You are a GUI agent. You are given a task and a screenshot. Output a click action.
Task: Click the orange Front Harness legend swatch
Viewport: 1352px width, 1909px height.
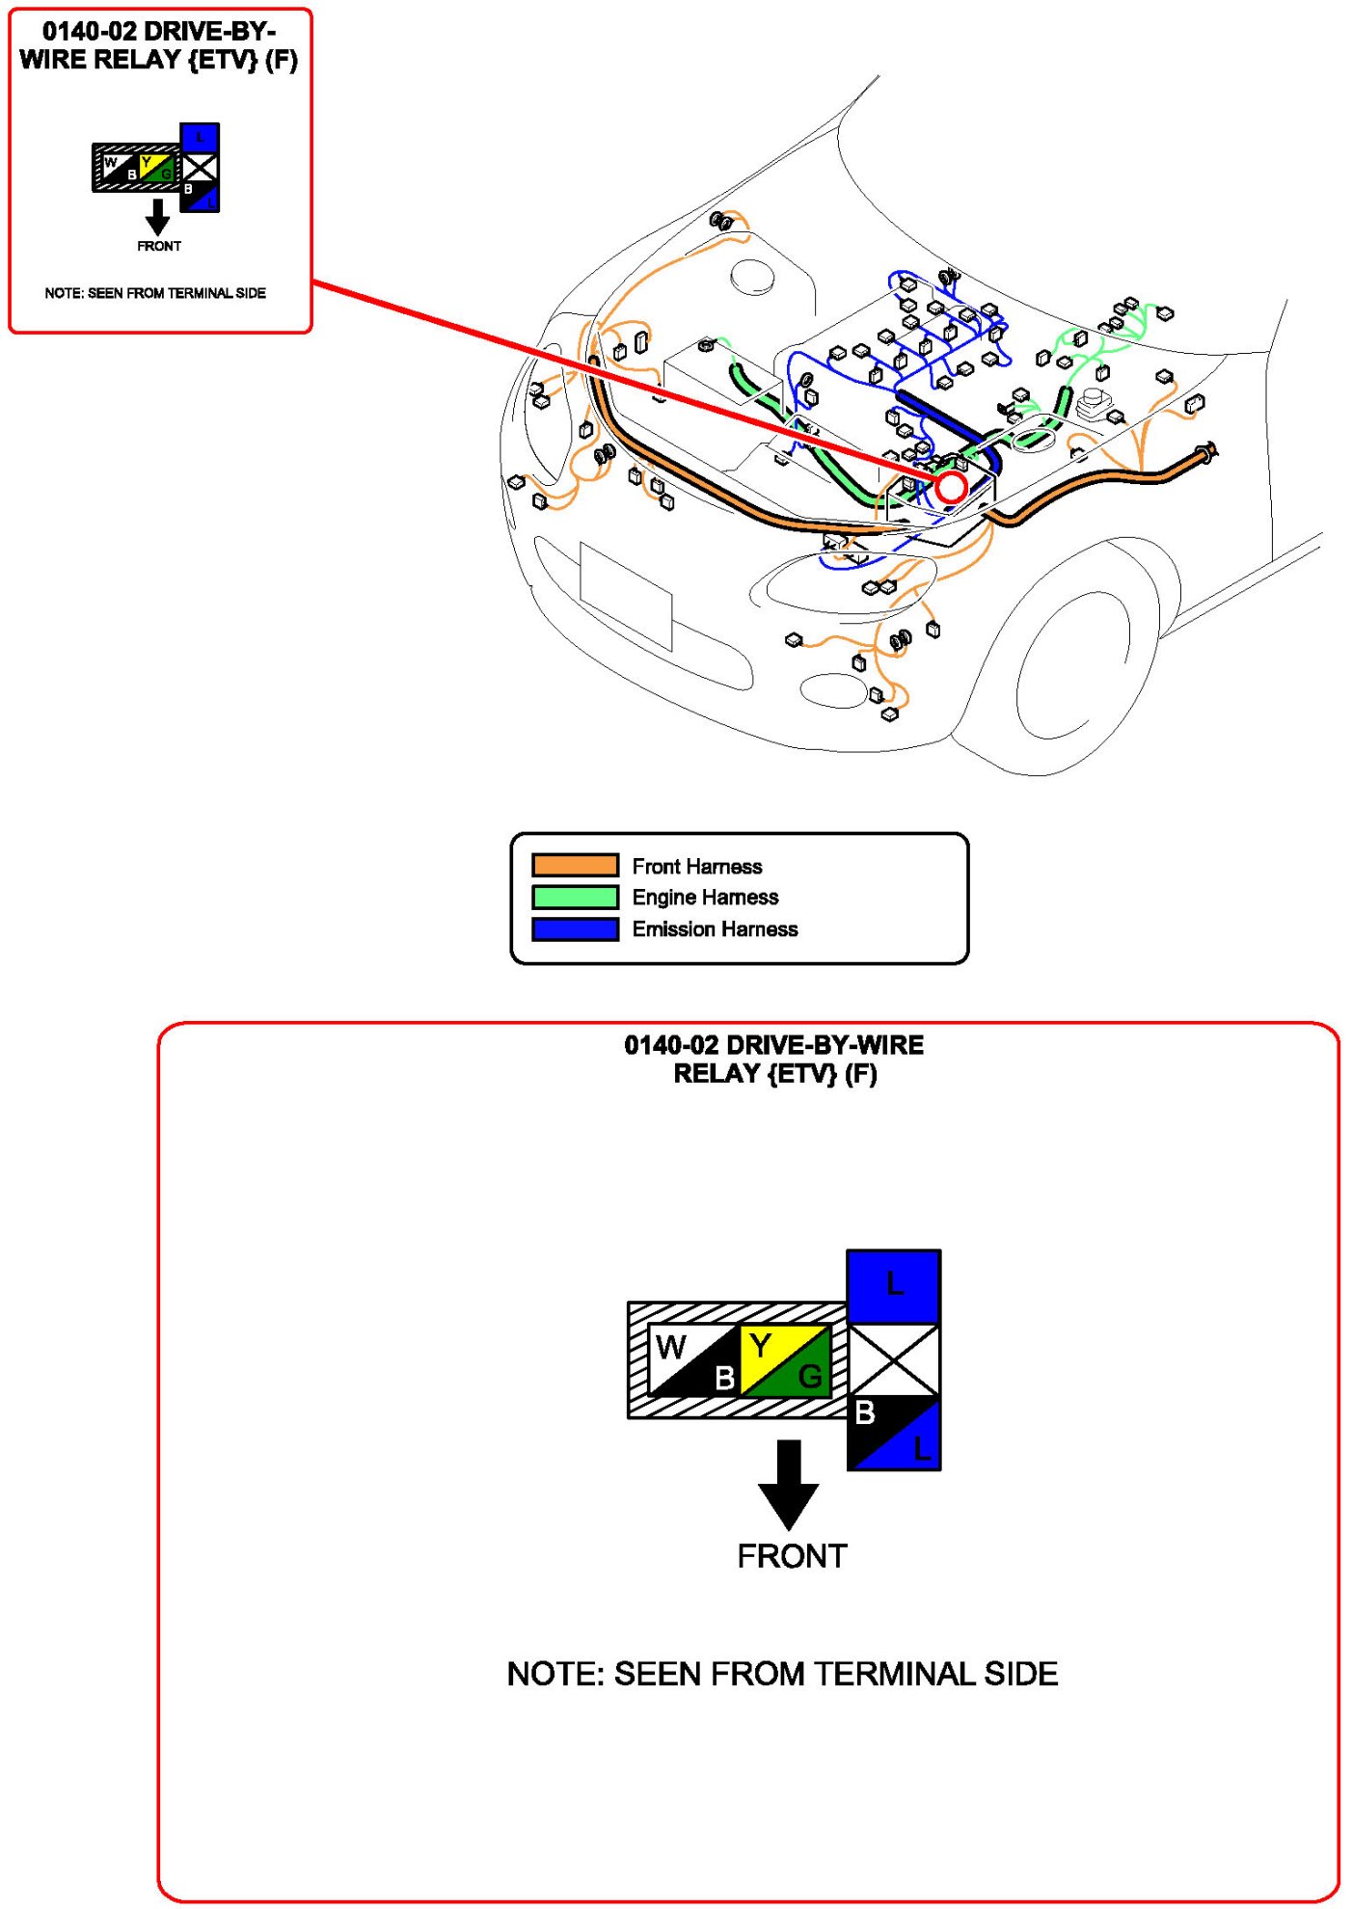(x=575, y=865)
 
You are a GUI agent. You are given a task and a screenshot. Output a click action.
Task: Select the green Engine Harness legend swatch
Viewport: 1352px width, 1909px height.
(x=575, y=897)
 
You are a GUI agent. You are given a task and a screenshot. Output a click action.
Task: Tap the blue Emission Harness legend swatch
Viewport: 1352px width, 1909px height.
(x=575, y=928)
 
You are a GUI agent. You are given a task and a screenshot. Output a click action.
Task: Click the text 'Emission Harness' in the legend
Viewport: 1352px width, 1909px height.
(x=715, y=928)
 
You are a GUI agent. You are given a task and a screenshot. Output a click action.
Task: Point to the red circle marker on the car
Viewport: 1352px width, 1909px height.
(x=951, y=487)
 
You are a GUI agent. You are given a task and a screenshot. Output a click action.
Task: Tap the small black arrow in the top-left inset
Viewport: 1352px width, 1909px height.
(x=157, y=217)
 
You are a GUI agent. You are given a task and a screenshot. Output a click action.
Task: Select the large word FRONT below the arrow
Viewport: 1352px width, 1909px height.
(x=792, y=1556)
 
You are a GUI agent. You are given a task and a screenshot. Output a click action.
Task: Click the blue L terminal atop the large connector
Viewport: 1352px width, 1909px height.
(x=894, y=1285)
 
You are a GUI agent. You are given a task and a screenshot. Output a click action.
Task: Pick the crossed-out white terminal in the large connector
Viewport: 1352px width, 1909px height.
(x=894, y=1359)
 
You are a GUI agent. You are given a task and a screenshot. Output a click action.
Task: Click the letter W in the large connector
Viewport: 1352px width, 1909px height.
(x=671, y=1346)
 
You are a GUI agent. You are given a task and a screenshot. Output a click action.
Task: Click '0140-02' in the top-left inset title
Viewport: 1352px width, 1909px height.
(x=89, y=31)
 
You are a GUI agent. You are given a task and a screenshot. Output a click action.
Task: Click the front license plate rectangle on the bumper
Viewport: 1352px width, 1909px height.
(x=626, y=596)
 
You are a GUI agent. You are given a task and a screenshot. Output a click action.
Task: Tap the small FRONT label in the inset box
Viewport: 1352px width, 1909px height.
(x=159, y=246)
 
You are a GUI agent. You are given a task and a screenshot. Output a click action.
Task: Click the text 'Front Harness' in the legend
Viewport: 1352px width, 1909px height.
(x=696, y=866)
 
